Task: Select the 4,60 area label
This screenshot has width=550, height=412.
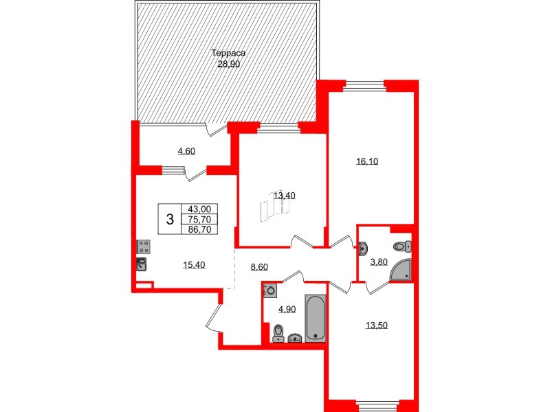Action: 186,152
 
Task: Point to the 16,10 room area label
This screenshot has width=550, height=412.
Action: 368,162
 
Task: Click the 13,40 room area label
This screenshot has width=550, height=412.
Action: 284,196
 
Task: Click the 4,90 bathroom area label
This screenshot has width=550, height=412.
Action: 286,309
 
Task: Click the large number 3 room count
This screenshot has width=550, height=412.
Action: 170,220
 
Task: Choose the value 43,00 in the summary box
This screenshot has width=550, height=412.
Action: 199,209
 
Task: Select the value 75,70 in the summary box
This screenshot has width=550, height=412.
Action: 199,220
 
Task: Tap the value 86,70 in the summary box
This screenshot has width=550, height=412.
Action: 199,230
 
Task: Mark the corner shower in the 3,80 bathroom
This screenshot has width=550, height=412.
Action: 402,271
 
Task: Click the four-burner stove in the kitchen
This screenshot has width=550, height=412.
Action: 144,247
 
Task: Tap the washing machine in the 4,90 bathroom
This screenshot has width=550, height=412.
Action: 270,290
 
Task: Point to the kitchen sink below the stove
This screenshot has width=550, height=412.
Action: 142,262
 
